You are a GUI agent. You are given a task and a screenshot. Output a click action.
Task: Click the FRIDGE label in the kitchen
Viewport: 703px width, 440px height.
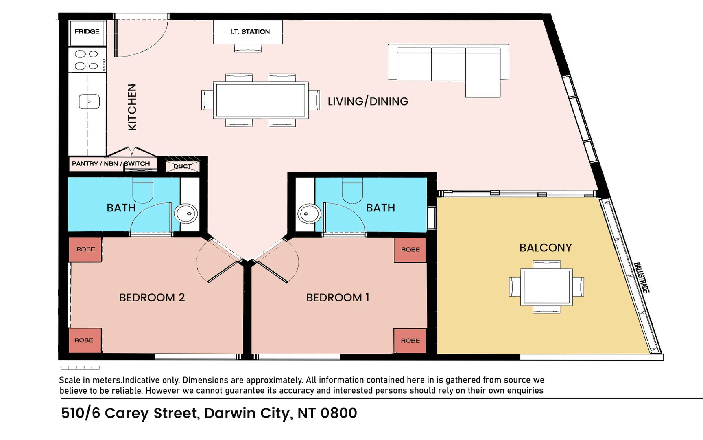click(x=87, y=31)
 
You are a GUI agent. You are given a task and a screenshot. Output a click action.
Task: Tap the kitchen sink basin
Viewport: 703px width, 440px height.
click(x=89, y=101)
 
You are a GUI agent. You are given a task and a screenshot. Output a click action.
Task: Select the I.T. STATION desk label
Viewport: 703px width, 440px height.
click(x=250, y=31)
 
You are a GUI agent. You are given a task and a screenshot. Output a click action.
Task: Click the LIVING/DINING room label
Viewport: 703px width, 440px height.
click(x=368, y=101)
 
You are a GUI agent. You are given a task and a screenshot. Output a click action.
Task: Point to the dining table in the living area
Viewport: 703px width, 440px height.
click(x=260, y=100)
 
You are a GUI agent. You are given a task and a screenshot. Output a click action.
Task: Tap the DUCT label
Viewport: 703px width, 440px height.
click(x=182, y=166)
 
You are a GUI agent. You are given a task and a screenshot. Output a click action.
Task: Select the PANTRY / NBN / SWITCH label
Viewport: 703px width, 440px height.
click(x=111, y=163)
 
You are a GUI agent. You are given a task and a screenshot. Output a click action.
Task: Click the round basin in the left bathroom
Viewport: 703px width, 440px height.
click(x=186, y=213)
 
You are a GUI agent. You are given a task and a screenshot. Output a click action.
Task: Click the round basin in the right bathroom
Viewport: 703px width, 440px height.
click(x=309, y=213)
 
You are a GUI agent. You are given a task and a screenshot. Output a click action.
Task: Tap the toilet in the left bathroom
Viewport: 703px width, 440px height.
click(x=142, y=190)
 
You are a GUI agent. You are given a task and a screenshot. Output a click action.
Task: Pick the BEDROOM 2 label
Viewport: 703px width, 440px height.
click(x=152, y=297)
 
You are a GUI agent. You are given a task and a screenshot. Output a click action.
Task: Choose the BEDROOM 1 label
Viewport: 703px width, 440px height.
click(x=338, y=297)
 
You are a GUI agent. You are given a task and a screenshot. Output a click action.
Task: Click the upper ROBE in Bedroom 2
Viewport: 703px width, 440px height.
click(x=85, y=249)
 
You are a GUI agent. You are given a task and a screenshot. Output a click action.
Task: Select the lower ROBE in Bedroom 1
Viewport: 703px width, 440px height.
click(x=410, y=341)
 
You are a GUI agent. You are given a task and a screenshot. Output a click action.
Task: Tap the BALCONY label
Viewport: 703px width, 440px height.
click(x=546, y=248)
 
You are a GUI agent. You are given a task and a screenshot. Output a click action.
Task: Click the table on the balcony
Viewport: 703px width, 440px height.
click(x=547, y=287)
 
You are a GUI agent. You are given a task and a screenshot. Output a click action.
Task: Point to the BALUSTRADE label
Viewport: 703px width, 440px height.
click(x=642, y=277)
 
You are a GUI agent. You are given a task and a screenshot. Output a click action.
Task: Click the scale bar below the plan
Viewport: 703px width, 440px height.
click(x=80, y=368)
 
